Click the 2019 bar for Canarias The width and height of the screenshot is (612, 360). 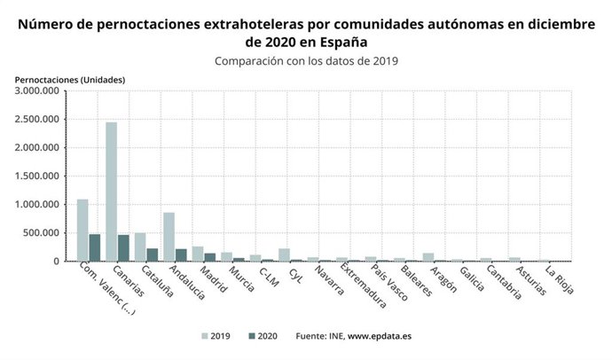pos(111,192)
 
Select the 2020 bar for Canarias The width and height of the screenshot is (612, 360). pos(123,248)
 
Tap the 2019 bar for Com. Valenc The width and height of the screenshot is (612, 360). pos(82,231)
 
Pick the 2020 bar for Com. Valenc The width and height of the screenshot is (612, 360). pos(94,248)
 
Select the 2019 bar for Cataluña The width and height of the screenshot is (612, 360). pos(140,247)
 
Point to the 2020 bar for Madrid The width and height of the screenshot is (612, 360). pos(209,257)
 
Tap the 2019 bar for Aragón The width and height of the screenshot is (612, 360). pos(428,257)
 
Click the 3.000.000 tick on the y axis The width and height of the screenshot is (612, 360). pos(37,90)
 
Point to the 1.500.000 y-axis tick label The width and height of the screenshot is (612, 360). pos(37,176)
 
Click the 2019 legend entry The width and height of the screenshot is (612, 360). pos(218,337)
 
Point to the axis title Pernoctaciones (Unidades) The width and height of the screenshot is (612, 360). pos(70,80)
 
